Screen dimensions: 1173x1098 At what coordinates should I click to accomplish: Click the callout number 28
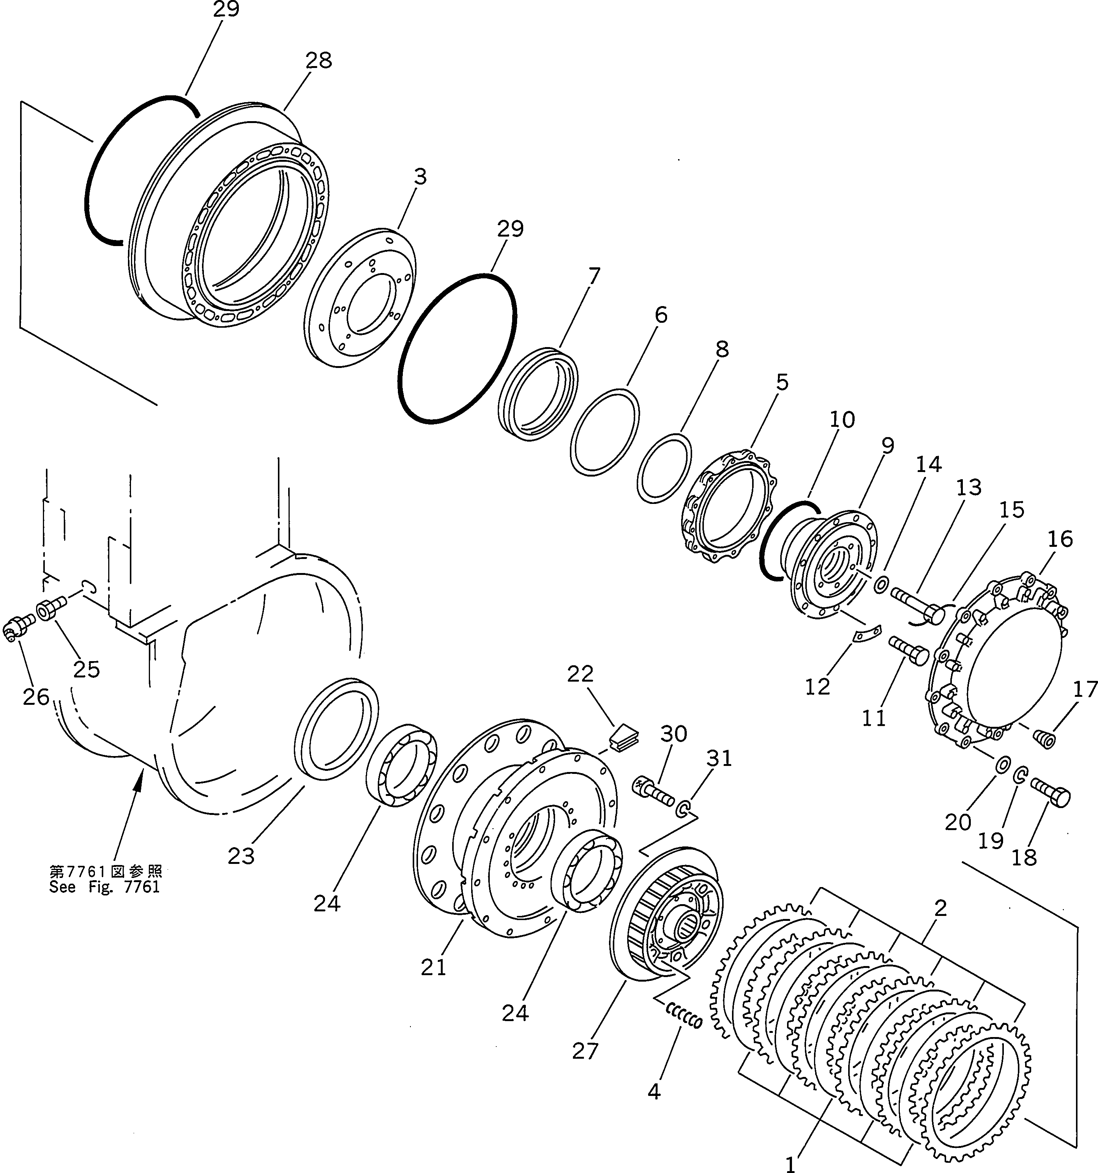coord(319,61)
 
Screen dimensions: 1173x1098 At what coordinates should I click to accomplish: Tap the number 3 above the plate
coord(420,177)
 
